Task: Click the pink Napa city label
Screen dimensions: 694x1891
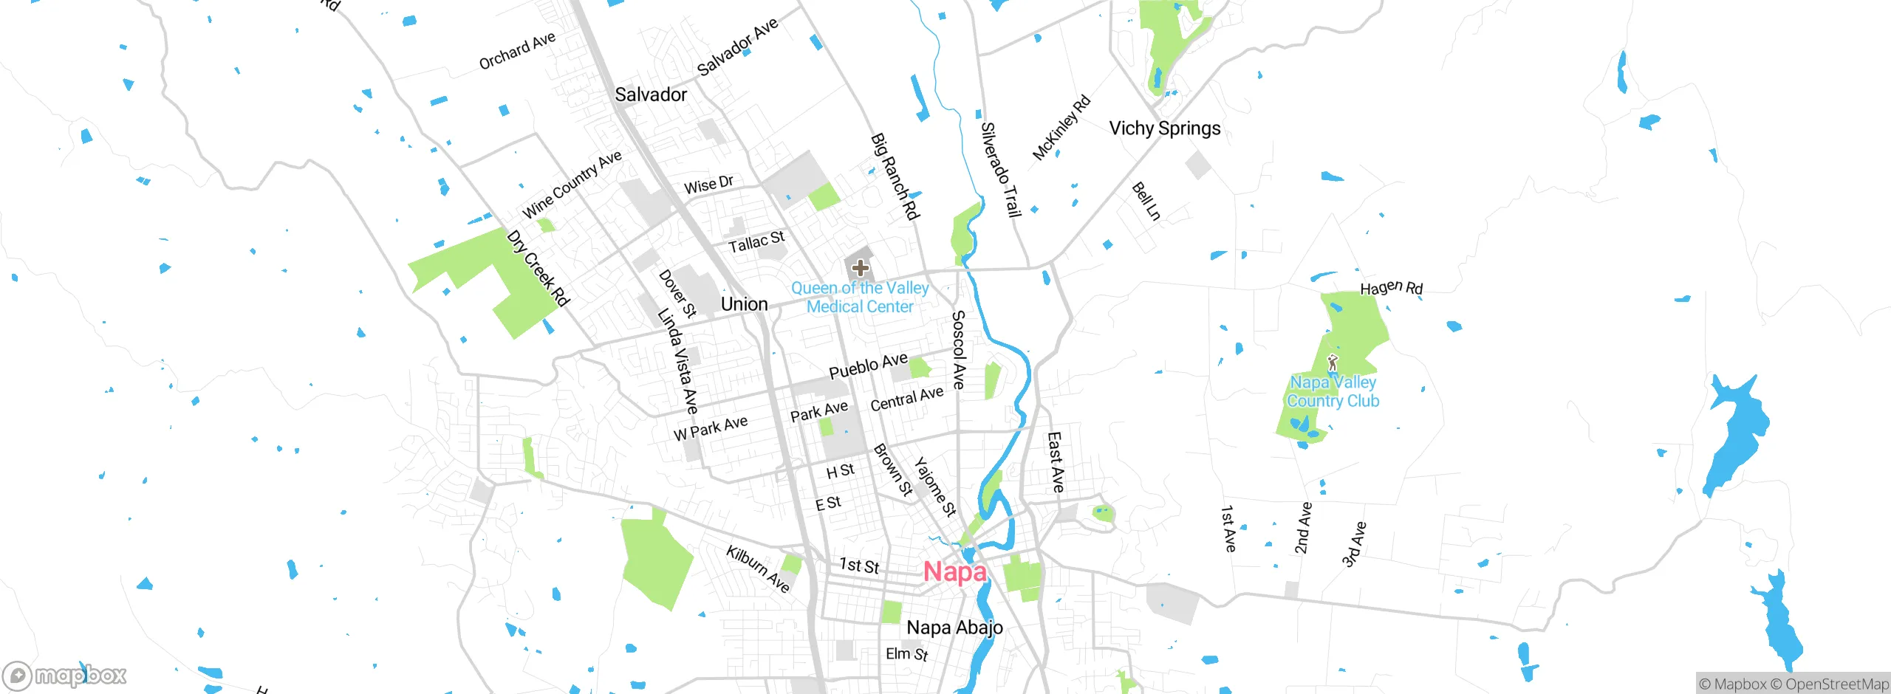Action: click(954, 572)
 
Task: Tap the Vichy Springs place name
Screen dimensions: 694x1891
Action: click(1164, 128)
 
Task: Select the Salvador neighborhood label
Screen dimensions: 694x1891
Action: click(651, 95)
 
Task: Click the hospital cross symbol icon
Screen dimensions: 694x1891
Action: click(860, 268)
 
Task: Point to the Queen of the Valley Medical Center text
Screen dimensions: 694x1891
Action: click(860, 298)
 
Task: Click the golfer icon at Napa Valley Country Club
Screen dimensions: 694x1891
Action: click(1332, 363)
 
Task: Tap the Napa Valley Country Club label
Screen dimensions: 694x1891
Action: click(1333, 392)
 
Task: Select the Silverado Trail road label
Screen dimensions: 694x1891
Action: click(1000, 171)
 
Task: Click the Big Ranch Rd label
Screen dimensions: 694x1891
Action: click(895, 177)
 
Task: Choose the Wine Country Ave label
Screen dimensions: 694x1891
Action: click(572, 185)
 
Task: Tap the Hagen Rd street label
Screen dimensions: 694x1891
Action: click(1391, 287)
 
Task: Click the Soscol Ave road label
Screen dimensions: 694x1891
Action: click(958, 350)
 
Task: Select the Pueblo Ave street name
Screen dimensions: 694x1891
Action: click(868, 365)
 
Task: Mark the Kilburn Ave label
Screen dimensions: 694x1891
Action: click(758, 568)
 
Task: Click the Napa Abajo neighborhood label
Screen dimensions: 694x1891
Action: click(954, 628)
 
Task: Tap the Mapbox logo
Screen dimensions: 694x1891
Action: click(65, 675)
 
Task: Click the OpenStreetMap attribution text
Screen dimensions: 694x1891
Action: click(1836, 684)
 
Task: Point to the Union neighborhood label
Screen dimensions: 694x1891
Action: click(744, 304)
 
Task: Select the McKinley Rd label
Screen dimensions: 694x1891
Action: click(1061, 128)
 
